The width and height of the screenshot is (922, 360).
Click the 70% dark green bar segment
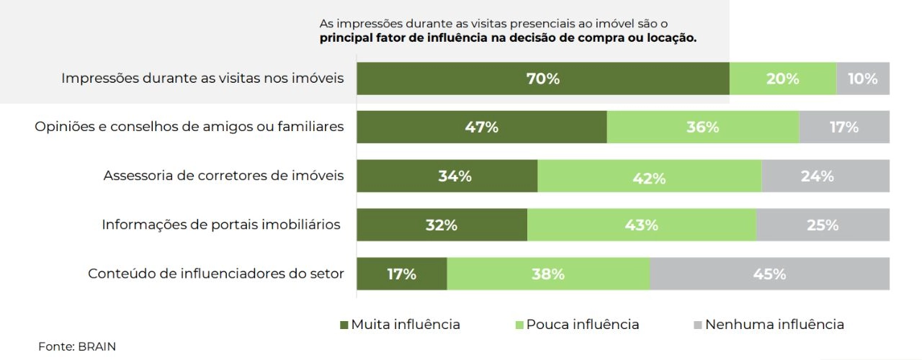pos(543,78)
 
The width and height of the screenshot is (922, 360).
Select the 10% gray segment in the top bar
pos(863,78)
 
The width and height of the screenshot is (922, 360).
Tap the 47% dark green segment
pos(482,127)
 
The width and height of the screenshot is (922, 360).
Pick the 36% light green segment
pos(703,127)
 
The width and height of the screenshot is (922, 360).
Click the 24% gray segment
pos(825,176)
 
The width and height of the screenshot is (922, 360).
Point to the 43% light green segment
pos(642,225)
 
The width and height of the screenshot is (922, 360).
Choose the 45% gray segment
pos(770,274)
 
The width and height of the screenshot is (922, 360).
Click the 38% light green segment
pos(548,274)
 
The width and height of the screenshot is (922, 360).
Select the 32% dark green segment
pos(442,225)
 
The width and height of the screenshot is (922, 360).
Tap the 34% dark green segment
pos(447,176)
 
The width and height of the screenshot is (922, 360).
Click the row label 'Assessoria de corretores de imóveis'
pos(223,176)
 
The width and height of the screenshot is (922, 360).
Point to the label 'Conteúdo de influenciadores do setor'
pos(215,274)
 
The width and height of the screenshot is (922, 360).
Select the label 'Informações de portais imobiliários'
pos(221,225)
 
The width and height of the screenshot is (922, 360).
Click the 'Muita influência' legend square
pos(344,325)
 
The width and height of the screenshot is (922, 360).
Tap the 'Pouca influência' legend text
pos(583,325)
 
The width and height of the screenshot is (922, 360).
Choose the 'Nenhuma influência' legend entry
pos(769,325)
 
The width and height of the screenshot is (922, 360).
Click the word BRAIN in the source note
pos(97,347)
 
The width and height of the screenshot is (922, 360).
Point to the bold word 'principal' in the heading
pos(346,38)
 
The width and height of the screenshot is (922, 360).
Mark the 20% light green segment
pos(783,78)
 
